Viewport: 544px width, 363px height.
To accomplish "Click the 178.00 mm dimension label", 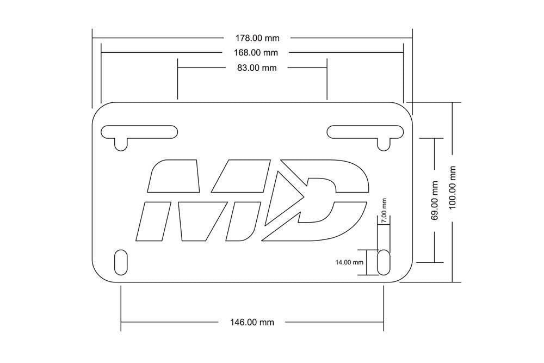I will (x=257, y=38).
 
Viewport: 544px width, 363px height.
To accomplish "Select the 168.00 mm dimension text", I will (x=256, y=53).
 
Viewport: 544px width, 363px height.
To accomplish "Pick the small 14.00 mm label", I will (x=349, y=262).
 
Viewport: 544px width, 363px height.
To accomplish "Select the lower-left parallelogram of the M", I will (x=152, y=221).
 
